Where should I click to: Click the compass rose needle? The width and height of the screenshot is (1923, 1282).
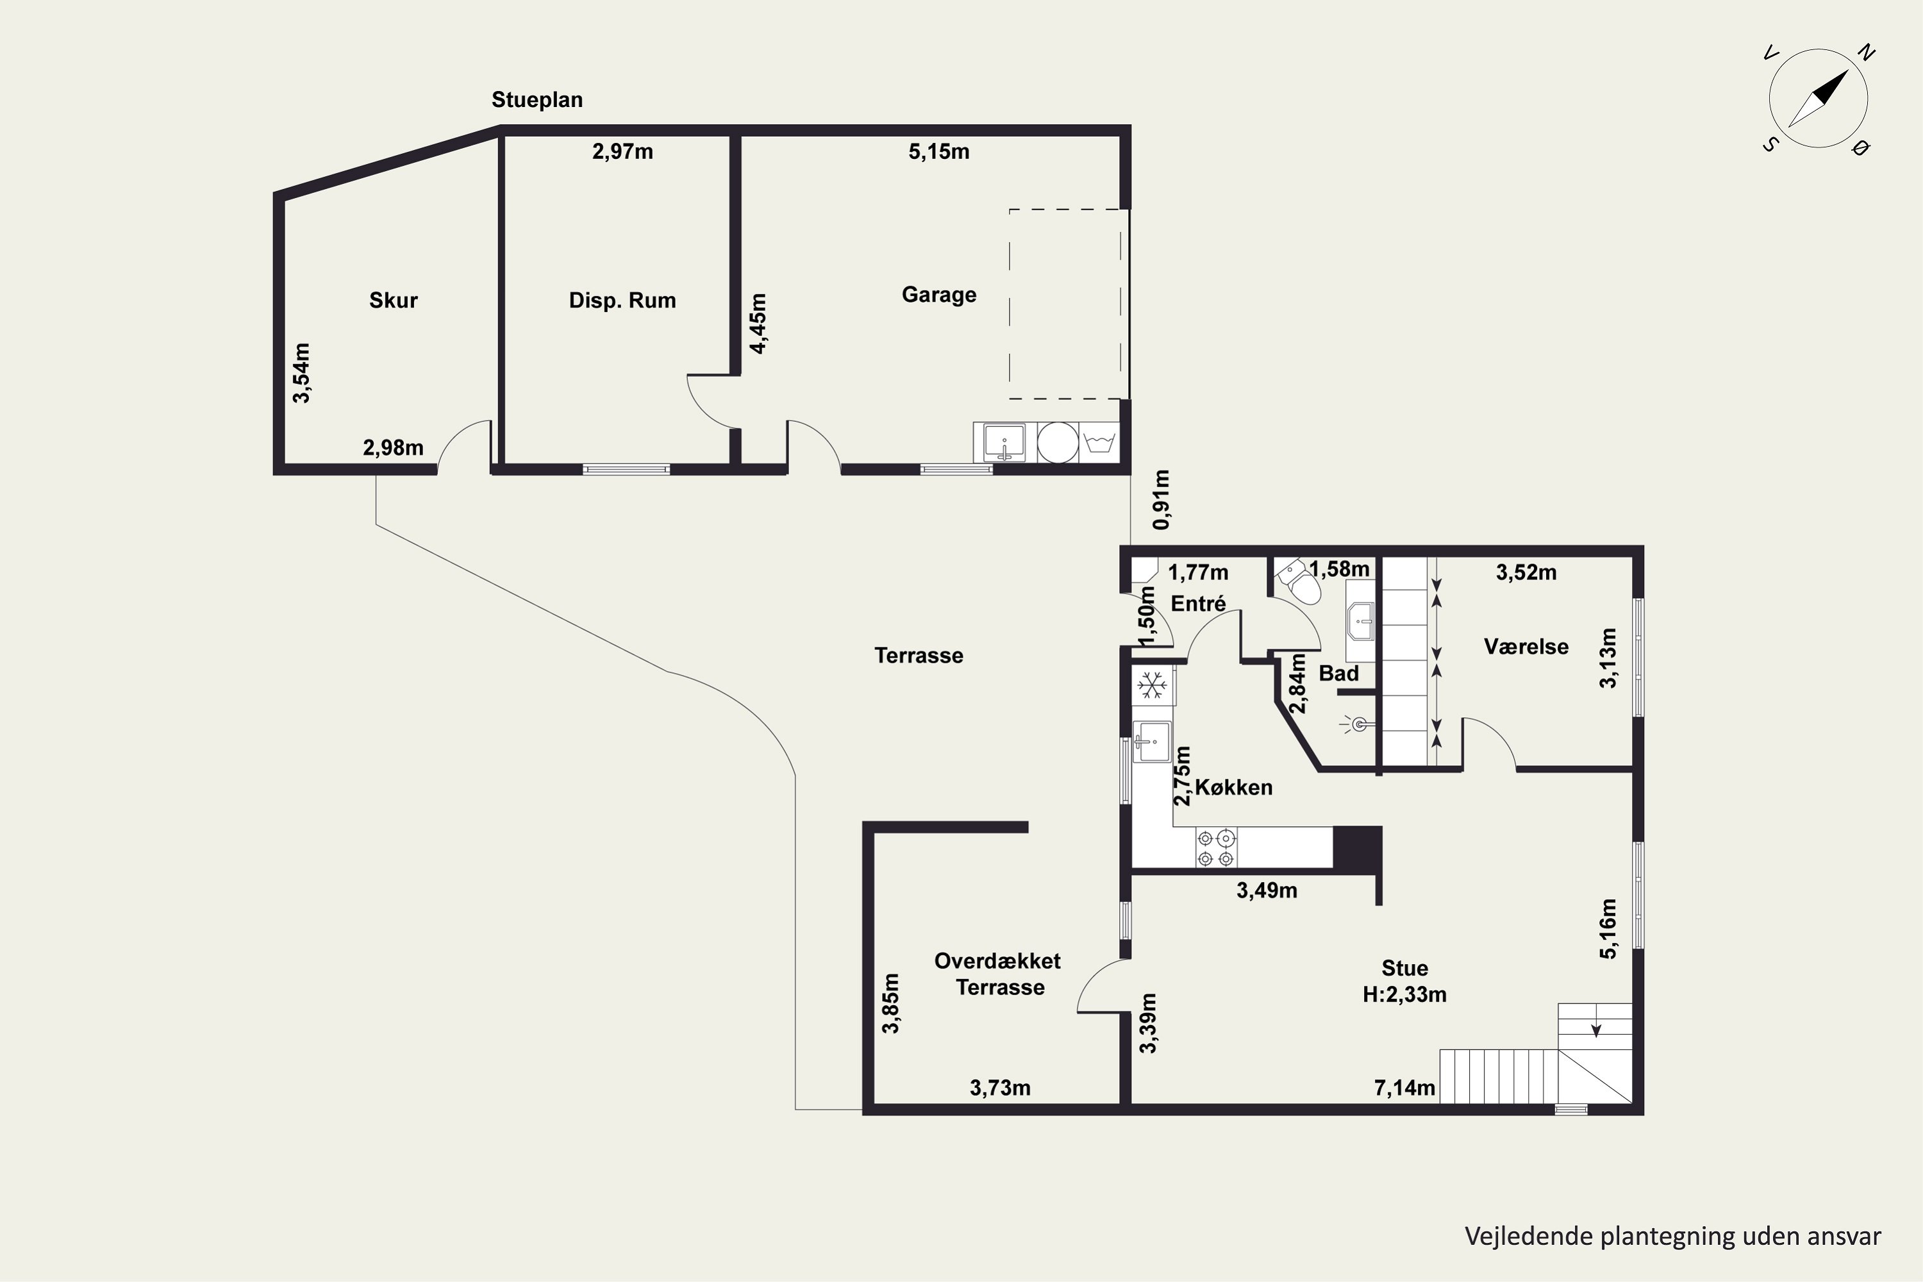(1819, 98)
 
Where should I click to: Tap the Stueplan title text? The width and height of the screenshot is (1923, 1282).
(537, 100)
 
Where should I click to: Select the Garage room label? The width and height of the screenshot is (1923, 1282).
(938, 294)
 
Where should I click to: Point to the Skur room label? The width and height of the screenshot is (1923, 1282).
(394, 300)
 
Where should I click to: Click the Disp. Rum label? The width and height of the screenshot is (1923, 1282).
(622, 300)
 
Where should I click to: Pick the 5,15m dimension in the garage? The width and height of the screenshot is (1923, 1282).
(938, 151)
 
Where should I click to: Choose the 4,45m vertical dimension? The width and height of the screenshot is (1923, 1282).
(758, 323)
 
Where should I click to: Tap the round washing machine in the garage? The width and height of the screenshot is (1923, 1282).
(1057, 442)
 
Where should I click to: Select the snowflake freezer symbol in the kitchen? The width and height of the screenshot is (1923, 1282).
(1152, 685)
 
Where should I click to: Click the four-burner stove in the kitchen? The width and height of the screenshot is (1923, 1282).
(1216, 847)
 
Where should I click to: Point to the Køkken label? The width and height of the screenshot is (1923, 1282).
(1234, 787)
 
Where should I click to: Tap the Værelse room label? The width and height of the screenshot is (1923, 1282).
(1526, 647)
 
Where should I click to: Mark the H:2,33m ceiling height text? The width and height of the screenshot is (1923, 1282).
(1404, 994)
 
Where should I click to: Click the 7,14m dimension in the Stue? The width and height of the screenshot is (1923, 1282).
(1404, 1087)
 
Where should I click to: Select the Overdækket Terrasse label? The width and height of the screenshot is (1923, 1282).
(998, 974)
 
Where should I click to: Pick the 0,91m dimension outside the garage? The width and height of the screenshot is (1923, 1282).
(1161, 499)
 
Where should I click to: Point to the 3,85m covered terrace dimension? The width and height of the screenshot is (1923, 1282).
(890, 1003)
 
